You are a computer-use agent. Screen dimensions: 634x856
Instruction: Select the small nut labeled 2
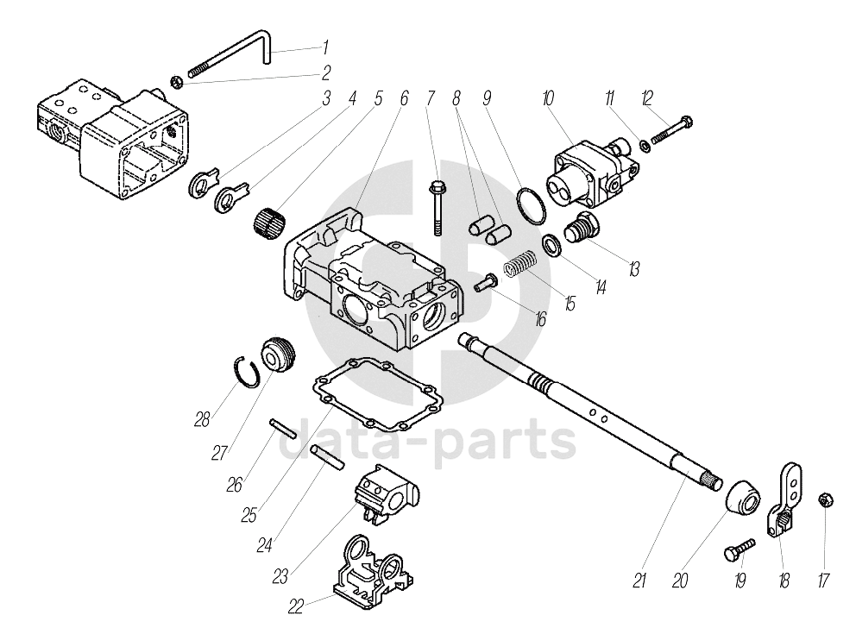(x=176, y=82)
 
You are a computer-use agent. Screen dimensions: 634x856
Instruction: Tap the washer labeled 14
(x=551, y=246)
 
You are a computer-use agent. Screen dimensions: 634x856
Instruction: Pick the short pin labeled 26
(x=283, y=426)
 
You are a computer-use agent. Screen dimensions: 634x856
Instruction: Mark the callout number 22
(x=296, y=606)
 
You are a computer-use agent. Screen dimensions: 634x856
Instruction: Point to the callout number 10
(x=547, y=98)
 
